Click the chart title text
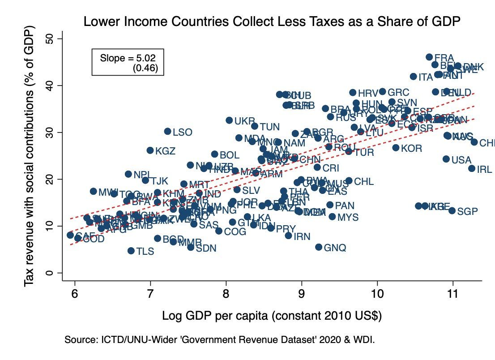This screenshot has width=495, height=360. [x=272, y=21]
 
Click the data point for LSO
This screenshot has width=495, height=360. [x=168, y=131]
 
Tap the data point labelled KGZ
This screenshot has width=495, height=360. [x=150, y=150]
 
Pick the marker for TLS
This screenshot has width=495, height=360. [x=131, y=251]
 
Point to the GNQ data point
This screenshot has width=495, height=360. [x=319, y=247]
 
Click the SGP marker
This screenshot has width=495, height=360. [x=452, y=210]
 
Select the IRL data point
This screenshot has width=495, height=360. [x=472, y=168]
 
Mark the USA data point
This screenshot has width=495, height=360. [x=446, y=159]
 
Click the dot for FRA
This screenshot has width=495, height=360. [x=429, y=57]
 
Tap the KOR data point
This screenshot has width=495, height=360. [x=396, y=148]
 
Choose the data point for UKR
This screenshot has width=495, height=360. [x=229, y=120]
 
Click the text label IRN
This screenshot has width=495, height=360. [x=302, y=236]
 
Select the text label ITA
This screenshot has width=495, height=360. [x=426, y=77]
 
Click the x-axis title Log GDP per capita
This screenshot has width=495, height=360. [x=272, y=315]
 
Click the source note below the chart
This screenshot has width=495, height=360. [x=219, y=340]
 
